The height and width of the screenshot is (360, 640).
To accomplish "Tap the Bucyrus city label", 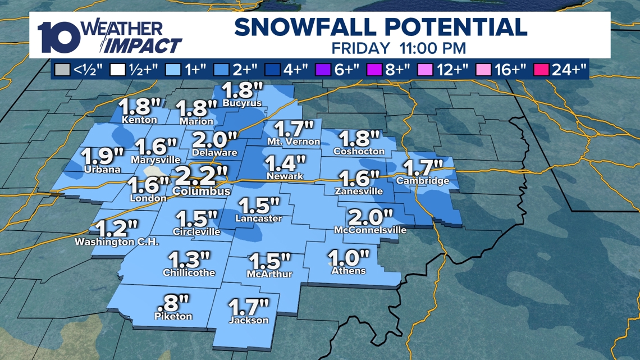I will click(x=242, y=103).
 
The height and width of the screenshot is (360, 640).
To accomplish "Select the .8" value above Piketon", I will click(x=173, y=303).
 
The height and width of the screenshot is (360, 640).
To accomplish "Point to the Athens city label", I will click(x=349, y=271).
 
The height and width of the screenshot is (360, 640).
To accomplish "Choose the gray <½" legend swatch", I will click(x=61, y=70).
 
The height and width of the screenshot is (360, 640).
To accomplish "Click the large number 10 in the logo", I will click(x=59, y=38).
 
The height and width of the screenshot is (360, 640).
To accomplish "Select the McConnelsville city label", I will click(x=370, y=230).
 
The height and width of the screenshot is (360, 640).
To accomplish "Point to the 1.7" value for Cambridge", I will click(x=423, y=167).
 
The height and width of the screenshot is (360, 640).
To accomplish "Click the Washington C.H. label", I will click(x=117, y=242).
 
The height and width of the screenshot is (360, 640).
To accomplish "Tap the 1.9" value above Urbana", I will click(x=103, y=156).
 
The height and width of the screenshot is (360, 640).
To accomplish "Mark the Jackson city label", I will click(x=249, y=320).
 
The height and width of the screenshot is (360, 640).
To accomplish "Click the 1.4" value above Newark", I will click(x=285, y=164).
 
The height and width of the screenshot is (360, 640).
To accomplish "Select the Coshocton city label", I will click(x=359, y=151).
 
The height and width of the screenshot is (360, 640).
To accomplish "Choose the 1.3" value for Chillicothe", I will click(x=189, y=259).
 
